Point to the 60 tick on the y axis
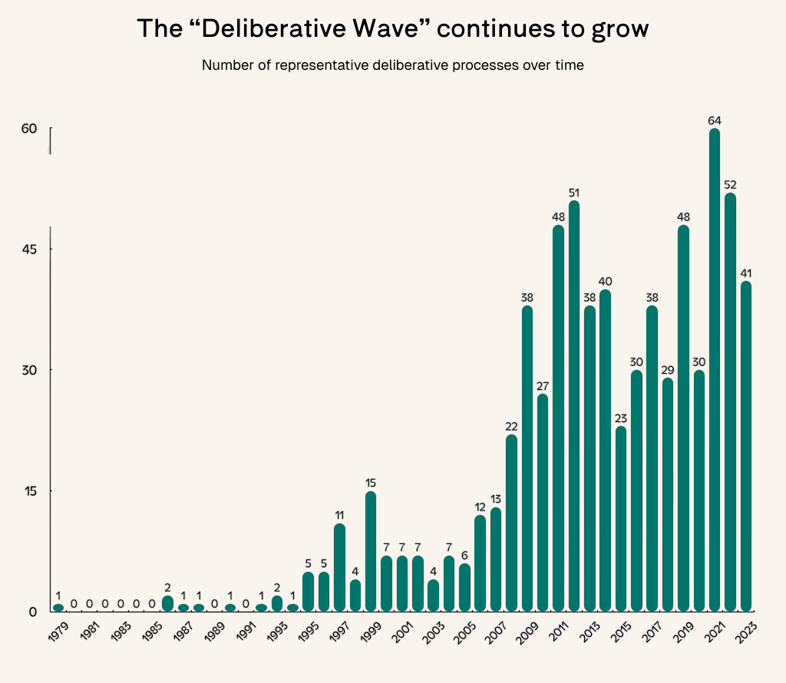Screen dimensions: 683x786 pyautogui.click(x=29, y=128)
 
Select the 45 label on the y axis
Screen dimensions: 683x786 pyautogui.click(x=29, y=249)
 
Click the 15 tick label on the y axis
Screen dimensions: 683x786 pyautogui.click(x=29, y=491)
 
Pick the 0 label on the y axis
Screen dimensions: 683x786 pyautogui.click(x=33, y=612)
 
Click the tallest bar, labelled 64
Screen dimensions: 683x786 pyautogui.click(x=715, y=368)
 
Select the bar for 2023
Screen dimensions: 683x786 pyautogui.click(x=746, y=445)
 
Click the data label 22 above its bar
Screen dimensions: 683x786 pyautogui.click(x=511, y=427)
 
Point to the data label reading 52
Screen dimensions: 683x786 pyautogui.click(x=730, y=185)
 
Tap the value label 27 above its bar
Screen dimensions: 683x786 pyautogui.click(x=543, y=386)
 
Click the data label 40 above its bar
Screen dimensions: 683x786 pyautogui.click(x=605, y=282)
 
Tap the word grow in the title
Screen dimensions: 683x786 pyautogui.click(x=620, y=29)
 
